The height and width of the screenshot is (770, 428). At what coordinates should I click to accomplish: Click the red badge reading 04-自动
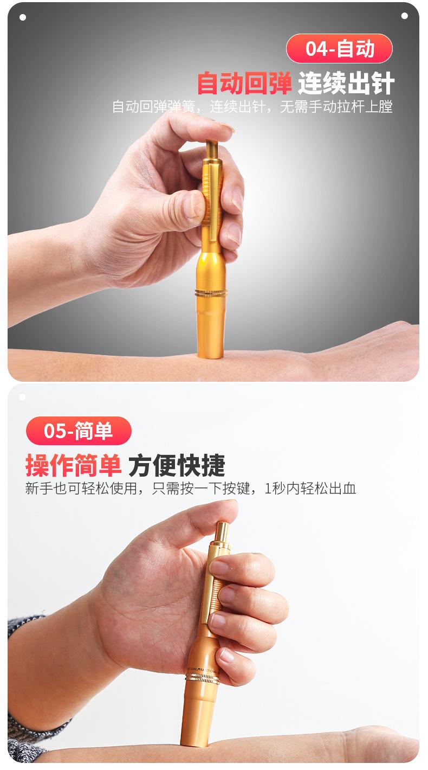339,48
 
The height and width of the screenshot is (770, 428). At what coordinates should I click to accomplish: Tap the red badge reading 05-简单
79,431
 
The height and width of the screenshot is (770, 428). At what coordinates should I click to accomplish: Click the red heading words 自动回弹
244,83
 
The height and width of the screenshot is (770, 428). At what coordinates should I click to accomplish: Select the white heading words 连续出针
346,83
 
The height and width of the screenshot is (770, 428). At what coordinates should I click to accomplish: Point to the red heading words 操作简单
73,465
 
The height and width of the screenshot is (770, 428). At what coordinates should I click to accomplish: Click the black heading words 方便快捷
177,465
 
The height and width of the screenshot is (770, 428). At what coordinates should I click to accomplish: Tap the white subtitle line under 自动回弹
252,107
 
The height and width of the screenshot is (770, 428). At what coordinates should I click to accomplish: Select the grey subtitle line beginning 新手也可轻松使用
191,489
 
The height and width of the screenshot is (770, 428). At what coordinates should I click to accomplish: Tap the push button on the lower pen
223,532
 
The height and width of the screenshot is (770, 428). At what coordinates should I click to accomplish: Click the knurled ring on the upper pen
211,293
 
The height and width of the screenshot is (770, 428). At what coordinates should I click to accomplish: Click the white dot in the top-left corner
23,17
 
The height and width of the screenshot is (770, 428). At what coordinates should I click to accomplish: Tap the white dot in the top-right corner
405,16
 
